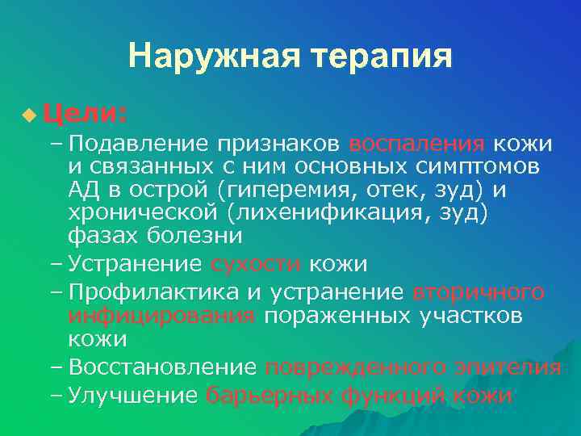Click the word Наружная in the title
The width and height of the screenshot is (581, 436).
click(209, 57)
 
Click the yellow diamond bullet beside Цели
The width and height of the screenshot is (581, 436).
click(29, 116)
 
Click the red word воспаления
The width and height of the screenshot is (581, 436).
click(416, 145)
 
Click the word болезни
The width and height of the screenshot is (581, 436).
click(194, 237)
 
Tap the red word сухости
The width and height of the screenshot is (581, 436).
click(256, 264)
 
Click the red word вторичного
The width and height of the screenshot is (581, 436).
click(478, 291)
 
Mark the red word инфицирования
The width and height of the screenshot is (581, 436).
click(161, 314)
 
